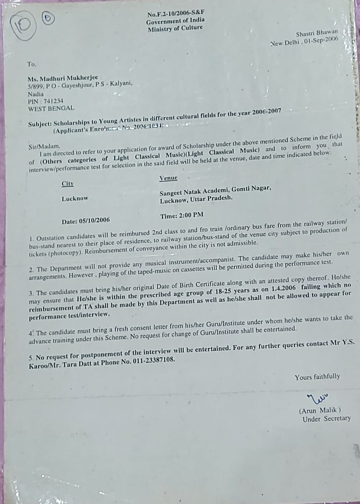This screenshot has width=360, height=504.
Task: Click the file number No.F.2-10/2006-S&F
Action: click(x=175, y=14)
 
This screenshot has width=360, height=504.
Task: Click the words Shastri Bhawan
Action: click(x=317, y=33)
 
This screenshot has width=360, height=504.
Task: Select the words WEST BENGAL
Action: click(x=51, y=108)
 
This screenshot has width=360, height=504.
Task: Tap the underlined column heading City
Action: click(x=68, y=183)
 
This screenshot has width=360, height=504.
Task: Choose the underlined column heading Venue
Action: click(x=168, y=178)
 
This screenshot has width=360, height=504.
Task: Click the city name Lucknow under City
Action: click(x=75, y=198)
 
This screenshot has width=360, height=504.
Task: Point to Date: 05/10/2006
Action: click(x=85, y=221)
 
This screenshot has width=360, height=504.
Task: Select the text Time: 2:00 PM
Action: click(x=182, y=216)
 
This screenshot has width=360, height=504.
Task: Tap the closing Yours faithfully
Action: click(x=317, y=377)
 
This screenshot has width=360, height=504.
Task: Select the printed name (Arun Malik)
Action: click(x=320, y=411)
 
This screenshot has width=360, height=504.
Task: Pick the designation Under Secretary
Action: click(x=327, y=419)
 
